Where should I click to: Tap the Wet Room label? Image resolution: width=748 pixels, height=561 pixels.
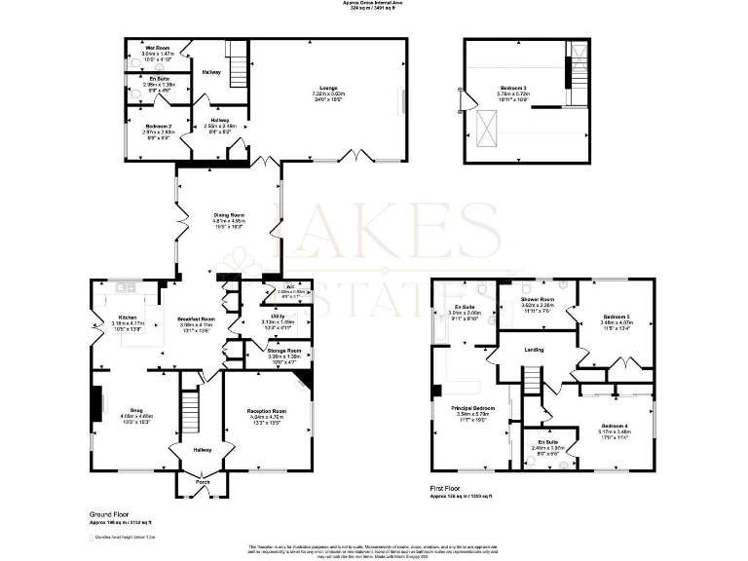tap(159, 47)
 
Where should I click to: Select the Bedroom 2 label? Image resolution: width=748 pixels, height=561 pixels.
tap(159, 127)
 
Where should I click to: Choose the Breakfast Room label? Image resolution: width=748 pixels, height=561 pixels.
tap(196, 318)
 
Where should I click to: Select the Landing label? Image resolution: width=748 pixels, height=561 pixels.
tap(533, 350)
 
